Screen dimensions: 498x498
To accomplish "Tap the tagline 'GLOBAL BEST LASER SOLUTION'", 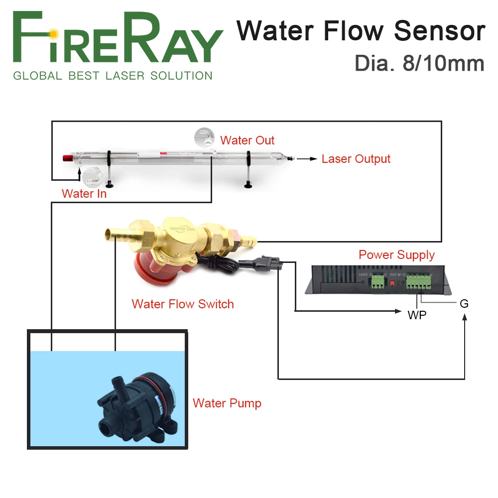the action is (113, 76).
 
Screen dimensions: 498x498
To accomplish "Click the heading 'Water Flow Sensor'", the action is (361, 31).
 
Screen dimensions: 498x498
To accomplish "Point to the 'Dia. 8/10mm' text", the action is (419, 64).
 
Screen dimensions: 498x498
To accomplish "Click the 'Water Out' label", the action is (247, 140).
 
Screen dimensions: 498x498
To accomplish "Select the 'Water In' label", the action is (84, 193).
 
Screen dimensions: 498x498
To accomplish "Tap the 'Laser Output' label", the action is (356, 159).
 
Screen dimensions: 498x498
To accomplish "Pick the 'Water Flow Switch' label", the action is (183, 304).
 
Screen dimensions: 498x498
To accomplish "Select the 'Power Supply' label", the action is (396, 255).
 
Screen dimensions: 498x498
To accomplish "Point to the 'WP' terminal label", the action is (417, 315).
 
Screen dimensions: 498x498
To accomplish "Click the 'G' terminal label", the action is (464, 303).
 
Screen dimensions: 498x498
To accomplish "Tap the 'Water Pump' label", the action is (227, 403).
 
